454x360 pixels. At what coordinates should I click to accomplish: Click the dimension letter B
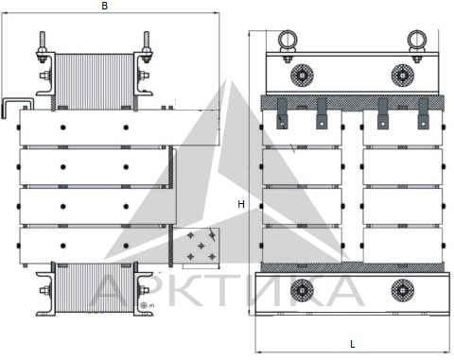(105, 6)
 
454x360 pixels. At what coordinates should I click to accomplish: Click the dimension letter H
(241, 204)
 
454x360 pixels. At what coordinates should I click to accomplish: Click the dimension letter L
(353, 344)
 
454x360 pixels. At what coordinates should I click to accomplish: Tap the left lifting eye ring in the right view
(288, 40)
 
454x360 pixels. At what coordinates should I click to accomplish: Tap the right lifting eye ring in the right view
(417, 40)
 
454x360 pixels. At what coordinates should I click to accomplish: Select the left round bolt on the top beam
(302, 76)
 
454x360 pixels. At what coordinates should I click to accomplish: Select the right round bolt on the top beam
(403, 76)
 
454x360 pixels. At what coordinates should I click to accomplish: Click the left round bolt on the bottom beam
(302, 290)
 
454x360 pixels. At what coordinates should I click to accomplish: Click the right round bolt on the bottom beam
(403, 290)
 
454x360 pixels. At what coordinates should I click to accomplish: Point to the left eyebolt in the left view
(43, 47)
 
